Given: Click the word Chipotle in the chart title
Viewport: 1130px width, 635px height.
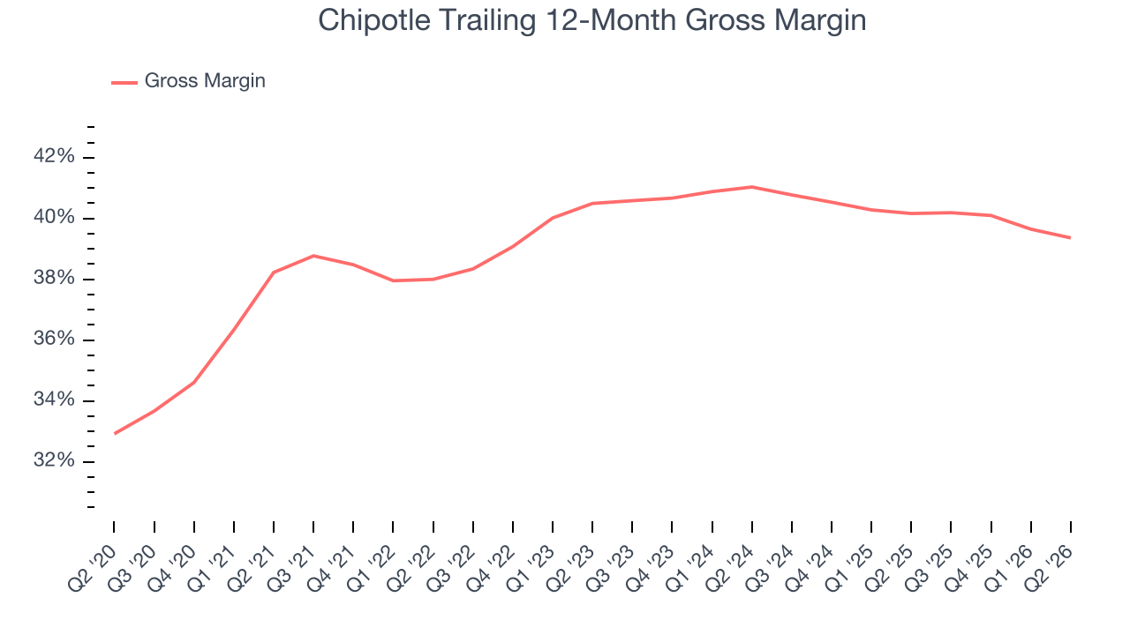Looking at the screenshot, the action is [x=374, y=20].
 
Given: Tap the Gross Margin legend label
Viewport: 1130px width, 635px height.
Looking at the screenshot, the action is [x=205, y=80].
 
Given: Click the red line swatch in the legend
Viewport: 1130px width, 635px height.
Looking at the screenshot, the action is [x=124, y=83].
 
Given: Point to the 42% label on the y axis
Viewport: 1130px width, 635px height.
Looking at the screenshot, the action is [x=54, y=156].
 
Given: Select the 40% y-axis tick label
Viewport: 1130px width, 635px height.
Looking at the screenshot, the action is [x=54, y=217].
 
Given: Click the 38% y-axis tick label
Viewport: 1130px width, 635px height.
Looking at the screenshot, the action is [x=54, y=278].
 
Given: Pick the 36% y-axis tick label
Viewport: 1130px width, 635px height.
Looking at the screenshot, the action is [x=54, y=339].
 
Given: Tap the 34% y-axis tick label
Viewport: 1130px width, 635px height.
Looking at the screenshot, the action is [x=54, y=400].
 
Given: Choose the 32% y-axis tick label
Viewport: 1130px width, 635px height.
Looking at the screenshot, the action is [x=54, y=460].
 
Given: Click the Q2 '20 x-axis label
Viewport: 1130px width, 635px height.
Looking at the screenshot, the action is [x=93, y=569].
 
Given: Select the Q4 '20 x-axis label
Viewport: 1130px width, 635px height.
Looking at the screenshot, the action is [x=172, y=569].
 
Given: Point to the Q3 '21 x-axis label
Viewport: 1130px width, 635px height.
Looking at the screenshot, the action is [x=291, y=569].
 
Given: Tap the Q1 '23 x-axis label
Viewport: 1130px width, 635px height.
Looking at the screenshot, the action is [x=531, y=569].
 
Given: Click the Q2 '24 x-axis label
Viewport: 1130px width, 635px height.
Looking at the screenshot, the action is [x=730, y=569].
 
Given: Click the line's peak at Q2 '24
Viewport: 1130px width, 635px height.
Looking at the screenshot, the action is [x=751, y=187].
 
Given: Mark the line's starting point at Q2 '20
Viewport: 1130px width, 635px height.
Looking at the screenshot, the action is [x=115, y=433].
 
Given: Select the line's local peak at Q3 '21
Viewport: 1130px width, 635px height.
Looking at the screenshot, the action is [x=313, y=256].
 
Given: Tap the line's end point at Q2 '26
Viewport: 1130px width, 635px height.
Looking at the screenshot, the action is [x=1070, y=237].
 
